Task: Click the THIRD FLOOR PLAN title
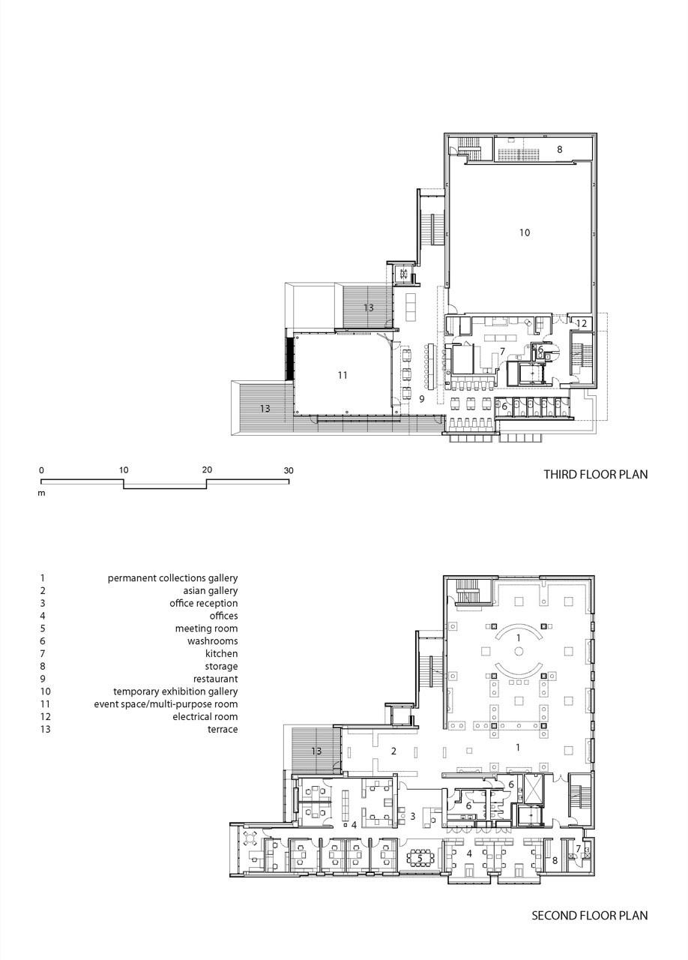pos(596,475)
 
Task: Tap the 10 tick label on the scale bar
pos(124,470)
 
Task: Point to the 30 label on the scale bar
pos(289,470)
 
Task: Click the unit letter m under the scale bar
pos(41,493)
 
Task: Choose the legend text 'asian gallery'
pos(211,590)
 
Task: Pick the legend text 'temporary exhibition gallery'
pos(175,691)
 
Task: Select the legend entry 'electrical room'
pos(205,716)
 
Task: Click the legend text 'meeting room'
pos(207,628)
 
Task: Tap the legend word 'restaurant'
pos(216,679)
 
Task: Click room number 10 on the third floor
pos(525,232)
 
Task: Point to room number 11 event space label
pos(343,376)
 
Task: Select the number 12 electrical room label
pos(582,323)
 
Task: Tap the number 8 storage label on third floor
pos(560,149)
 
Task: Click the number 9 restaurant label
pos(422,399)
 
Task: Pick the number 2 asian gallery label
pos(393,751)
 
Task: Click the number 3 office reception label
pos(412,817)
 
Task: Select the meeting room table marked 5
pos(420,858)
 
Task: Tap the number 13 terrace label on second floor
pos(316,751)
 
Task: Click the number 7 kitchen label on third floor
pos(502,352)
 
